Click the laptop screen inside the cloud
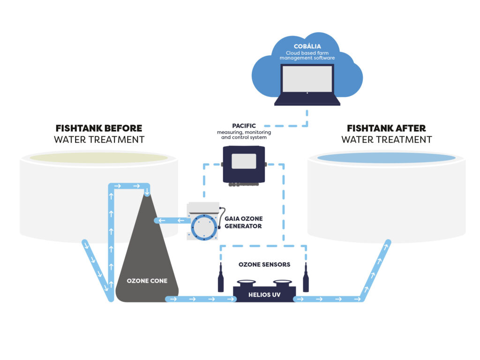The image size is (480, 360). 307,79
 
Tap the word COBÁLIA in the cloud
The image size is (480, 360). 307,46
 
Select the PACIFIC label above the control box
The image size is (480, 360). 244,126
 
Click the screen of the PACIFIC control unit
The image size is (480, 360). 244,161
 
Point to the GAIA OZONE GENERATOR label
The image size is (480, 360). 243,222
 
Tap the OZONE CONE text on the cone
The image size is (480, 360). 147,281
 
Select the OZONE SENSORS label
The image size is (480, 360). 264,265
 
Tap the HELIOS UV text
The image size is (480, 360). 264,294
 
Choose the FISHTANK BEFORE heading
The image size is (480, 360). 99,128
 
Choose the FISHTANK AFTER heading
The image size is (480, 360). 386,128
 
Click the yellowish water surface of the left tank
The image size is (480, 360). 99,158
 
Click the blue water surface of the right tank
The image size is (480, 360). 386,158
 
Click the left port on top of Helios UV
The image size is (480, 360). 246,283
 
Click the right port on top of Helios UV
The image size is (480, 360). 282,283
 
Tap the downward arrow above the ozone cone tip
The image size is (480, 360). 147,192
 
